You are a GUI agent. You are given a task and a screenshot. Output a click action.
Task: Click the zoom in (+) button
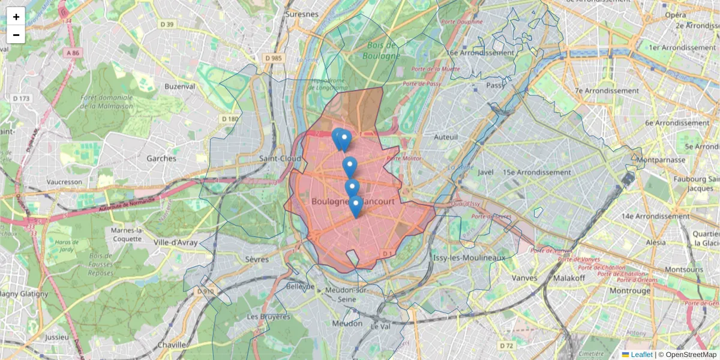pyautogui.click(x=16, y=17)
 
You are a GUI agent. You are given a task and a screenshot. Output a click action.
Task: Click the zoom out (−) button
pyautogui.click(x=16, y=35)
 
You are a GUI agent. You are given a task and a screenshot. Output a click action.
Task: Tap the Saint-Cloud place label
pyautogui.click(x=280, y=158)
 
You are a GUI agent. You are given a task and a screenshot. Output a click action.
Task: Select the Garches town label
pyautogui.click(x=161, y=158)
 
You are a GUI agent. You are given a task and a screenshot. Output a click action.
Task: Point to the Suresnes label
pyautogui.click(x=302, y=13)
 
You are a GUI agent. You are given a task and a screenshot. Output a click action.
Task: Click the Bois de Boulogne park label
pyautogui.click(x=381, y=50)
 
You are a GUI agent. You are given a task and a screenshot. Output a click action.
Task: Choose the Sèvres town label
pyautogui.click(x=257, y=259)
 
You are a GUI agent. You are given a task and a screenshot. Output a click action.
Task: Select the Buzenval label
pyautogui.click(x=180, y=86)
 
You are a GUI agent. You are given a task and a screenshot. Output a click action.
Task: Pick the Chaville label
pyautogui.click(x=172, y=345)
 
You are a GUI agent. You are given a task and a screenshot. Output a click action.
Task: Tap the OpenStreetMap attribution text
pyautogui.click(x=690, y=355)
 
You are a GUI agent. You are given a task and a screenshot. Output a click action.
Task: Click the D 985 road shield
pyautogui.click(x=272, y=58)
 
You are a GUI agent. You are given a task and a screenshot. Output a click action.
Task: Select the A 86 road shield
pyautogui.click(x=73, y=53)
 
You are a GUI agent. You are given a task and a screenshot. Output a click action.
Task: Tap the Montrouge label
pyautogui.click(x=629, y=290)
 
